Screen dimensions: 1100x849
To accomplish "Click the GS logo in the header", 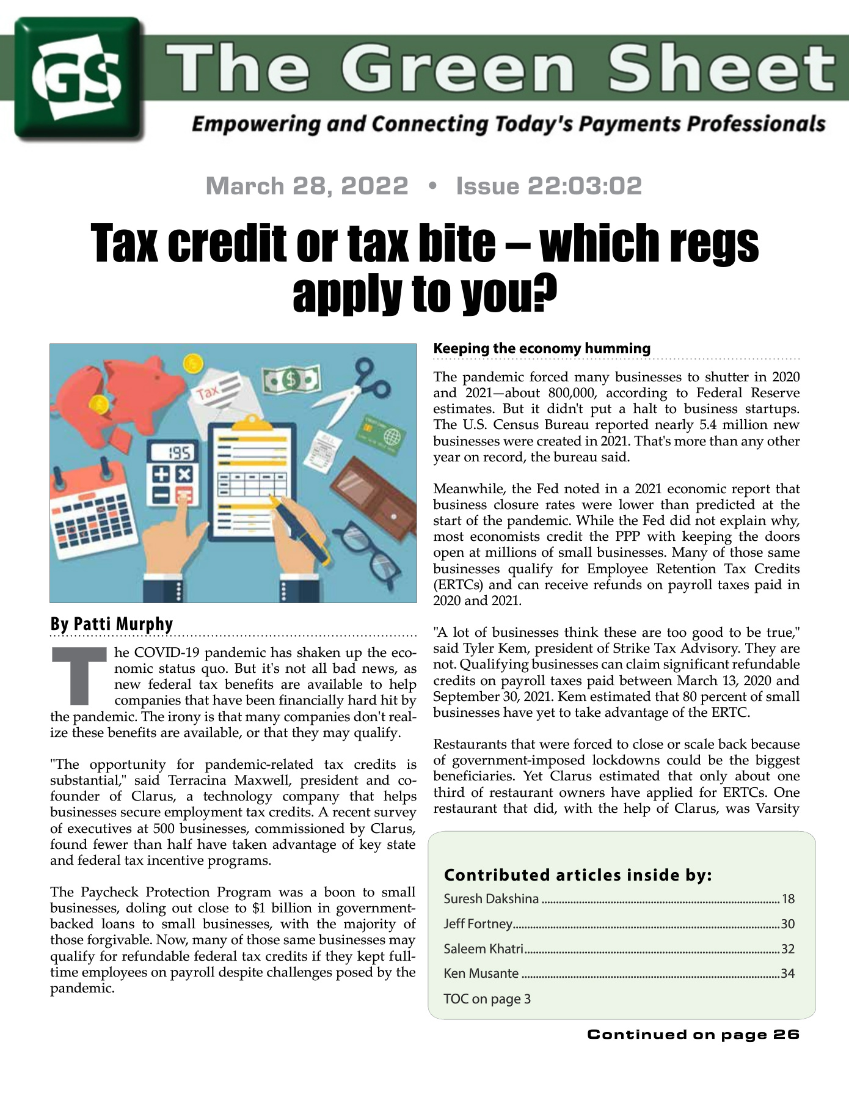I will point(79,78).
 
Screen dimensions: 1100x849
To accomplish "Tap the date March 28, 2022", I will point(307,186).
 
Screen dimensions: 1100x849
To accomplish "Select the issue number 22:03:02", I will point(549,186).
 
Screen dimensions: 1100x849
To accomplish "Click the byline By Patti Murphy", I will point(112,624).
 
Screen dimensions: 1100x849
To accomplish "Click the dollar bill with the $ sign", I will point(291,381).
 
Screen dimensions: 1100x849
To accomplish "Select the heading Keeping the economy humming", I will point(542,348).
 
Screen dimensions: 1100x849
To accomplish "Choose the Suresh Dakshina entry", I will point(492,898).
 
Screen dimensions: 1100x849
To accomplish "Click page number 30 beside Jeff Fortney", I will point(787,924).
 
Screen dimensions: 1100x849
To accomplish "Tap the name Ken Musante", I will point(481,974).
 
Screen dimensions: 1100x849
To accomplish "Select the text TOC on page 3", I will point(487,999).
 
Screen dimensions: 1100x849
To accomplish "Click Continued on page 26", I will point(693,1034).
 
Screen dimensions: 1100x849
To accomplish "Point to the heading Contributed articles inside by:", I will point(578,875).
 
